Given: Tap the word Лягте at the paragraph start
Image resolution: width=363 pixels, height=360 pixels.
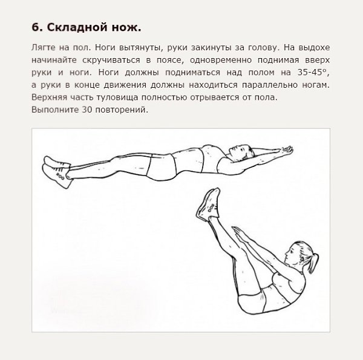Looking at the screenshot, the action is (44, 47).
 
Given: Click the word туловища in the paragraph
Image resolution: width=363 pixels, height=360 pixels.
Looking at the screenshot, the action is (117, 97).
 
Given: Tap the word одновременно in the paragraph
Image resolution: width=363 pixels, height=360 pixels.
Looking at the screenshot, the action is (221, 60).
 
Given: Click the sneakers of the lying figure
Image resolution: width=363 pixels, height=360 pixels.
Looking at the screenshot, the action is (57, 172).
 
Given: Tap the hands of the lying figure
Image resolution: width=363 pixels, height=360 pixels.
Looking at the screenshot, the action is (287, 150).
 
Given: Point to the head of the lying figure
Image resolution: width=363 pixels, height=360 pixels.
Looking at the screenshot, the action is (241, 152).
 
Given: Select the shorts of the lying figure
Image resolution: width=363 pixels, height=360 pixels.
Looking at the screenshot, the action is (162, 167).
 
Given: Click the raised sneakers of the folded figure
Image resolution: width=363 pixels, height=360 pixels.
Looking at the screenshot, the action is (208, 205).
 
